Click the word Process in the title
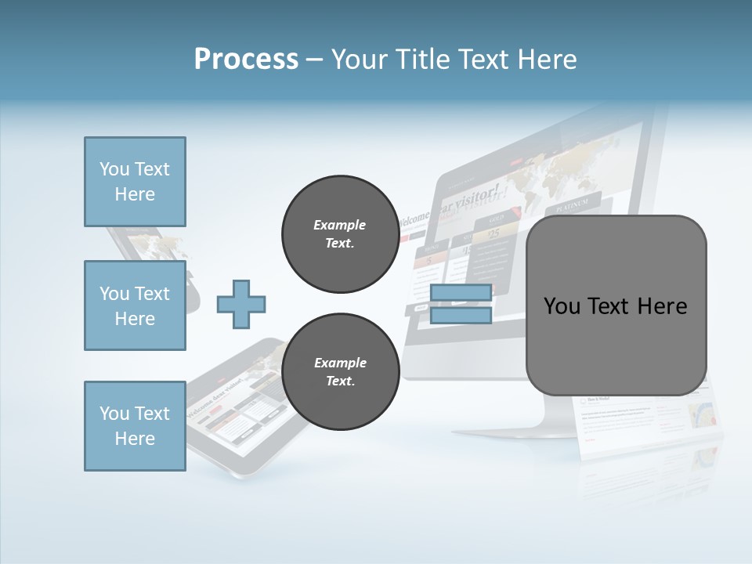(x=246, y=59)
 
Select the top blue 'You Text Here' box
(x=135, y=182)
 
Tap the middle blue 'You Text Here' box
(x=135, y=305)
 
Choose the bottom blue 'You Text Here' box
(x=135, y=426)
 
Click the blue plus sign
(x=241, y=305)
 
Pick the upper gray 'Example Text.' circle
(x=340, y=234)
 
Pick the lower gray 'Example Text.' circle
(x=340, y=372)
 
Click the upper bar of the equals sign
(x=461, y=293)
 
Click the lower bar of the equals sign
(x=461, y=316)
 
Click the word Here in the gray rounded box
(x=662, y=306)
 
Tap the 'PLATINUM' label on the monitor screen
(x=572, y=206)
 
